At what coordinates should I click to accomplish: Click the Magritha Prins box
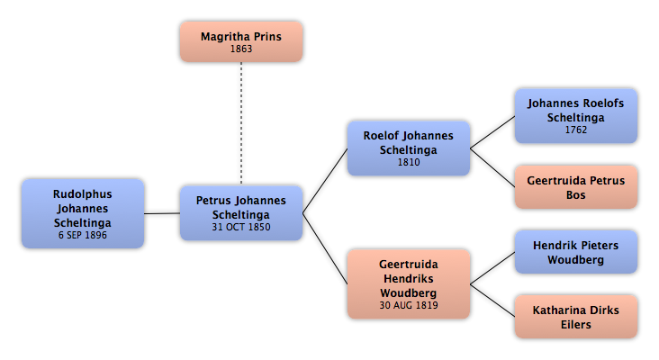[241, 42]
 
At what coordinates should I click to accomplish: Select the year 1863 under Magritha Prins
[241, 49]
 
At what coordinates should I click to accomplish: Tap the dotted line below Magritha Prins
[241, 123]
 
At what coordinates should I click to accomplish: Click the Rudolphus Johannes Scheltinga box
[83, 213]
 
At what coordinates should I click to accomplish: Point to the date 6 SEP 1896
[83, 235]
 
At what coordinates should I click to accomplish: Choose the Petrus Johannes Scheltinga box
[241, 213]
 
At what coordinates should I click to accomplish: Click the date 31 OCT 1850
[241, 227]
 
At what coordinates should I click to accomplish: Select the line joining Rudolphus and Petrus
[162, 213]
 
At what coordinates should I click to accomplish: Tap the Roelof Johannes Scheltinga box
[409, 148]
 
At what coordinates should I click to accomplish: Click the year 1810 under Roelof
[409, 162]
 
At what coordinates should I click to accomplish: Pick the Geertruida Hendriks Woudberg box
[409, 284]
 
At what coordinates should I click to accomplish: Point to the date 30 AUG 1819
[409, 305]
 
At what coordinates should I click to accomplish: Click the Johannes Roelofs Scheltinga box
[576, 116]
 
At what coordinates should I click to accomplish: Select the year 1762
[576, 130]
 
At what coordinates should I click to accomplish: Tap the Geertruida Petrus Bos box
[576, 187]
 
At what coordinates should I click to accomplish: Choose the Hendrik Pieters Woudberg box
[576, 252]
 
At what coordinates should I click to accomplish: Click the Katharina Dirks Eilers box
[576, 317]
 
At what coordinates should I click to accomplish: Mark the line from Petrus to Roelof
[325, 181]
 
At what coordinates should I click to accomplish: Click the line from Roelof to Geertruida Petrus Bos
[492, 167]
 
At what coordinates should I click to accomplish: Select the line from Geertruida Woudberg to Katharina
[492, 301]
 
